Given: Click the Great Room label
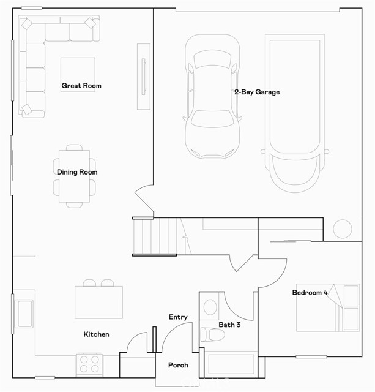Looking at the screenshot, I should pos(81,86).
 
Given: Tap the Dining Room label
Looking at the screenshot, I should pos(77,172).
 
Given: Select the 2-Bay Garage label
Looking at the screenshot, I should pos(256,92).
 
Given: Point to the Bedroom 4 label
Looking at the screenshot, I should pos(310,293).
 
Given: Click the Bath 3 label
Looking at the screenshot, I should pos(229,325).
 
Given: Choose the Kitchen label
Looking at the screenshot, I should pos(97,334).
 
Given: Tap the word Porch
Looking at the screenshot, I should pos(178,366).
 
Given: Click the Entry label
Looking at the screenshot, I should pos(178,317).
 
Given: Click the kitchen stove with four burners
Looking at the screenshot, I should pos(89,364).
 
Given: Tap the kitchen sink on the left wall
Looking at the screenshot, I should pos(25,314).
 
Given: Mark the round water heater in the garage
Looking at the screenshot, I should pos(342,229).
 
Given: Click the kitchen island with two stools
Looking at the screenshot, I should pos(98,302).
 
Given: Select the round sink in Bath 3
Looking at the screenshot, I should pos(209,307).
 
